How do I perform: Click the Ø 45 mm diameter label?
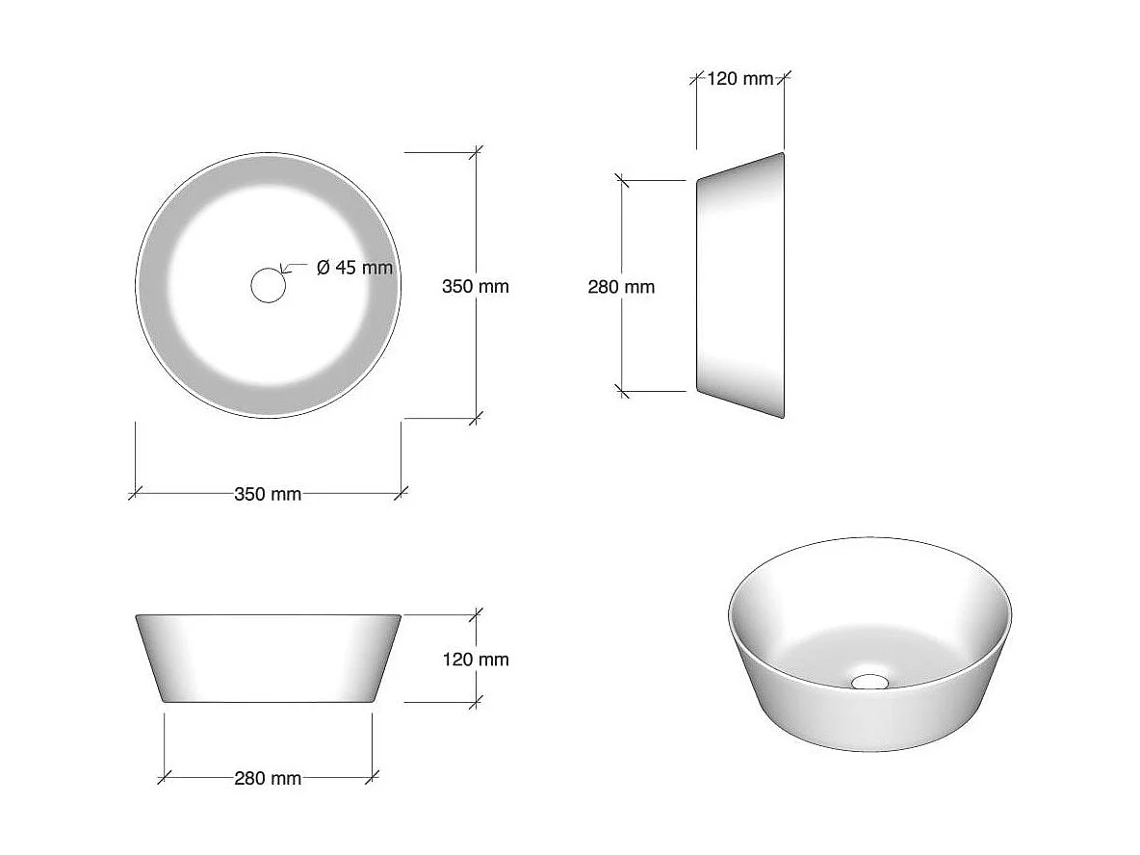tap(354, 268)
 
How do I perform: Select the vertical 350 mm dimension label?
tap(476, 286)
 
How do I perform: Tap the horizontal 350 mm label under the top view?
tap(268, 494)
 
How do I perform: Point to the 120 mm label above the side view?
tap(739, 78)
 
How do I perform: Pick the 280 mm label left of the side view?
tap(621, 286)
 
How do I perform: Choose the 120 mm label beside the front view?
tap(476, 660)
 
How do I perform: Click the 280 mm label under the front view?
tap(268, 778)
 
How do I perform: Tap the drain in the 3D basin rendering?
tap(870, 682)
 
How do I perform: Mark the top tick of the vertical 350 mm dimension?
tap(476, 152)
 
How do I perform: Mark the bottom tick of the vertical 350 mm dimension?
tap(476, 418)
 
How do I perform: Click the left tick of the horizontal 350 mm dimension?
tap(135, 493)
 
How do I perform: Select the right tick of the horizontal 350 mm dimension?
tap(402, 493)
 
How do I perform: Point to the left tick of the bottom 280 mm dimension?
tap(164, 777)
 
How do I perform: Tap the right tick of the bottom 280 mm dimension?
tap(374, 777)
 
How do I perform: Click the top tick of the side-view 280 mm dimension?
tap(622, 180)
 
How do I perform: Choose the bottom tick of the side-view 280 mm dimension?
tap(622, 391)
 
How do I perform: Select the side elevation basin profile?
tap(739, 286)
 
